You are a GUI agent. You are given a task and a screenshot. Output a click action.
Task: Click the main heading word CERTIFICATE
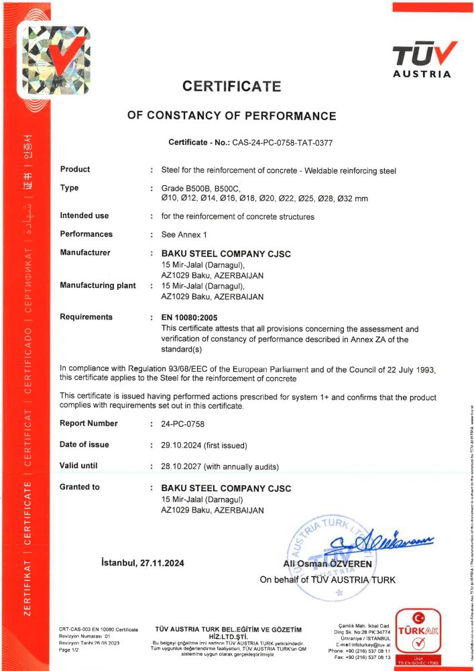tap(231, 86)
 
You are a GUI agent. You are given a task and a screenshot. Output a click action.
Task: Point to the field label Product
tap(75, 170)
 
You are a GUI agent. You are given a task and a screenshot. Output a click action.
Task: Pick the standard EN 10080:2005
tap(194, 317)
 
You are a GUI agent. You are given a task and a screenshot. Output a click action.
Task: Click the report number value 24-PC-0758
tap(183, 423)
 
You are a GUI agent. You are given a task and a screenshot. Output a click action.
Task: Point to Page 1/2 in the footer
tap(70, 650)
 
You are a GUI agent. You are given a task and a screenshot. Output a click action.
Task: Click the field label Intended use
tap(84, 216)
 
